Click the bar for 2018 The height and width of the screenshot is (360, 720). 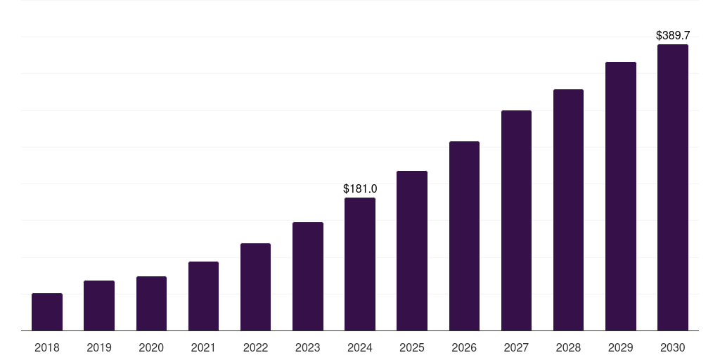click(47, 312)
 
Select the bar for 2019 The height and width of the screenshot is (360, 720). click(99, 306)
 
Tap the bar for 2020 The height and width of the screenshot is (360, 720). click(151, 304)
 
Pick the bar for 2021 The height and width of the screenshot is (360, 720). click(203, 296)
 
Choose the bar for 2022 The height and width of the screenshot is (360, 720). click(255, 287)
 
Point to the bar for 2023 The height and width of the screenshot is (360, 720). click(308, 276)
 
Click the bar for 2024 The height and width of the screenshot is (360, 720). click(360, 264)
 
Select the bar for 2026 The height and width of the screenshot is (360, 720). click(464, 236)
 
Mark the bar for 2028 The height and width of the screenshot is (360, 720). click(568, 210)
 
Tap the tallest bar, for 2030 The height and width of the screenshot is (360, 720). click(673, 188)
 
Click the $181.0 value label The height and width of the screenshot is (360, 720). click(360, 188)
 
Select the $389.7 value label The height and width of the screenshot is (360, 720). click(673, 35)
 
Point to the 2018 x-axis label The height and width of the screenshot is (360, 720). click(47, 347)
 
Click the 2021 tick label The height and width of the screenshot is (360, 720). click(203, 347)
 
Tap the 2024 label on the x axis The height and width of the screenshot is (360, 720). click(360, 347)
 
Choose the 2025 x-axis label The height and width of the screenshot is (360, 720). click(412, 347)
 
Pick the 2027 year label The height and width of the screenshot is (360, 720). click(516, 347)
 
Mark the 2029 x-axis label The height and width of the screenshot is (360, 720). click(620, 347)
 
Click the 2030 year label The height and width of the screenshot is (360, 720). click(673, 347)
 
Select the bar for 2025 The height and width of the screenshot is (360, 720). click(412, 251)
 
